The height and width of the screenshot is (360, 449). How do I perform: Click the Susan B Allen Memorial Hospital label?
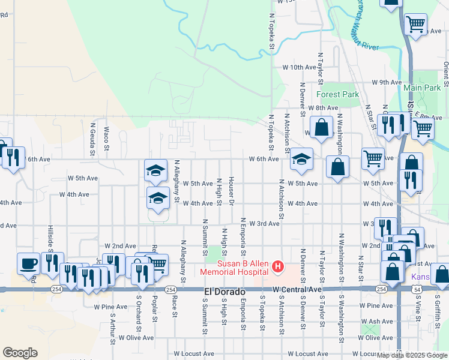tap(236, 268)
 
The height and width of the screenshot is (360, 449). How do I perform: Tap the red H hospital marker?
tap(278, 266)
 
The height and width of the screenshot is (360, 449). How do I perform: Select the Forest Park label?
tap(337, 94)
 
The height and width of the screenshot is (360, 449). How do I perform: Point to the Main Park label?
tap(422, 88)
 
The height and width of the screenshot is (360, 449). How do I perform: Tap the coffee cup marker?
tap(28, 263)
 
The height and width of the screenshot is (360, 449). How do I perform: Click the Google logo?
tap(20, 353)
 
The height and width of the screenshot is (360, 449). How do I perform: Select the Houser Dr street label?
tap(231, 190)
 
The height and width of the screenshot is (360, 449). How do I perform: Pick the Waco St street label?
tap(106, 138)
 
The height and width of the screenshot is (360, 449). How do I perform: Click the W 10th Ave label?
tap(300, 67)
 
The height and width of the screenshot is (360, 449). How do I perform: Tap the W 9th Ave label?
tap(386, 82)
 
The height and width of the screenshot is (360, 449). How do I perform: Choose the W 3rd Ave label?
tap(264, 223)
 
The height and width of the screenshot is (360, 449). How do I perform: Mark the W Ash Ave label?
tap(378, 322)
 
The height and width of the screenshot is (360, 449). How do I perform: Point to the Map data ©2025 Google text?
tap(412, 355)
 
